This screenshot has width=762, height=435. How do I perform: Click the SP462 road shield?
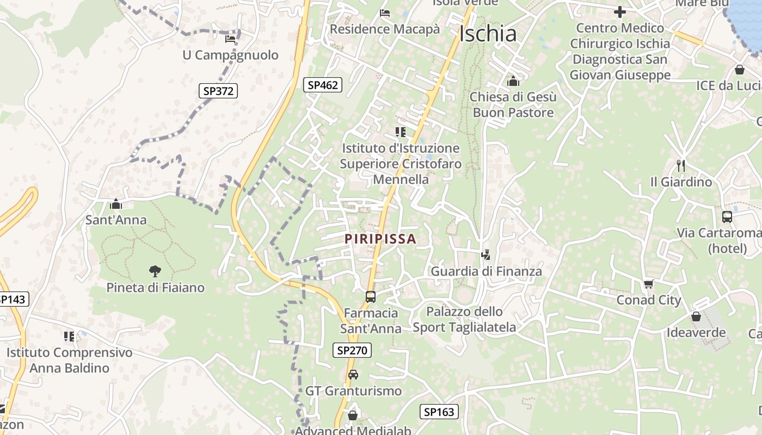(x=323, y=85)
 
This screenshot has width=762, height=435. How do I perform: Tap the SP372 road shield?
(x=218, y=91)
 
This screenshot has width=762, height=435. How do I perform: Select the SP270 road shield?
(x=352, y=351)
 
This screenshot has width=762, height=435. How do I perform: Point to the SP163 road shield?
(x=439, y=412)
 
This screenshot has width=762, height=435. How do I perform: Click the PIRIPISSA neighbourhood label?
(x=380, y=239)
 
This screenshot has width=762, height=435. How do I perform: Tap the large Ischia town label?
(x=488, y=34)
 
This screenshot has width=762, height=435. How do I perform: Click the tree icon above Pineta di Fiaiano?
(x=155, y=271)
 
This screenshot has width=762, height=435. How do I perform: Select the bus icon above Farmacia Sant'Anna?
(x=371, y=296)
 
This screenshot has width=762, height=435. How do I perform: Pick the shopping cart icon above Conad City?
(x=648, y=284)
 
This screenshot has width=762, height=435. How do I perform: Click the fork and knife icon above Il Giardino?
(x=681, y=165)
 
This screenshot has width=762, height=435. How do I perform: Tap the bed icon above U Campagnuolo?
(x=230, y=39)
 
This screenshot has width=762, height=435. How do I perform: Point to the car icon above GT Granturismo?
(x=353, y=374)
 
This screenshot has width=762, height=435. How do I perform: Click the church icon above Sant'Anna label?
(x=116, y=204)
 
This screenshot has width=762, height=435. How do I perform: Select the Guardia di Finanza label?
(x=487, y=271)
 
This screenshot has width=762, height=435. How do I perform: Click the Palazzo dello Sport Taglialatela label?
(x=464, y=320)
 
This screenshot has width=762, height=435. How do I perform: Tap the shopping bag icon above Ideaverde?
(x=696, y=316)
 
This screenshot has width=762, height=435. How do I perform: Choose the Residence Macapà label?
(x=385, y=29)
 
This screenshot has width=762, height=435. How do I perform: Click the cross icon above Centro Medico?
(x=620, y=11)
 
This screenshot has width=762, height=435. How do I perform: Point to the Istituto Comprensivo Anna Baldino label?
(x=69, y=360)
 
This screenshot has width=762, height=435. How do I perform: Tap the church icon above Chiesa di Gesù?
(x=513, y=82)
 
